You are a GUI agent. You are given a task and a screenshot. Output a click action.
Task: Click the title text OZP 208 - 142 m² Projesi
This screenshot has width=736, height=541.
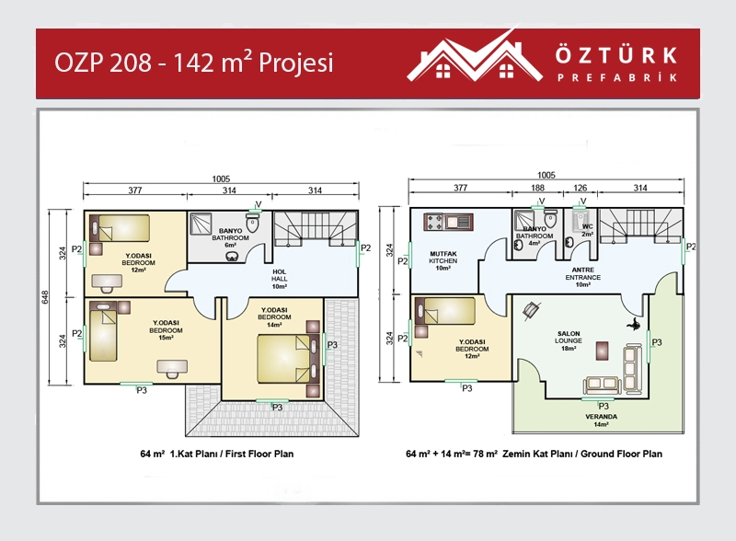pos(194,63)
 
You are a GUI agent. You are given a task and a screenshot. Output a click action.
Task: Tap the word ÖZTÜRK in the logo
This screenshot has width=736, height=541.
pos(616,55)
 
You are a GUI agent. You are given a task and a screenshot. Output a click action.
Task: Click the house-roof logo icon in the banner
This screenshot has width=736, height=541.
pos(474,57)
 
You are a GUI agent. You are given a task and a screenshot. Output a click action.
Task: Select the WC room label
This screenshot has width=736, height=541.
pos(587,230)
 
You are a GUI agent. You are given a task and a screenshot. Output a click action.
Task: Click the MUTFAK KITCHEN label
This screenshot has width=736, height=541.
pos(443,260)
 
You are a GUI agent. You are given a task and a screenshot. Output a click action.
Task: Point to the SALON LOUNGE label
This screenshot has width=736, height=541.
pos(569,341)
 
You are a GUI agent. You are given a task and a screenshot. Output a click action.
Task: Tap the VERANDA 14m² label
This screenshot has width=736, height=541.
pos(602,420)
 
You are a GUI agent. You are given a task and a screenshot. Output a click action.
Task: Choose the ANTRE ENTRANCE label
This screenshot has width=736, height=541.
pos(583,277)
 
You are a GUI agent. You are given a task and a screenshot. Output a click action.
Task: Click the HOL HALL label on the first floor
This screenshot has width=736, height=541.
pos(280,279)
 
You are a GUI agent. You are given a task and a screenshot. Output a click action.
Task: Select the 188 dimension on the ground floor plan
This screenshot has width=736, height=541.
pos(537,188)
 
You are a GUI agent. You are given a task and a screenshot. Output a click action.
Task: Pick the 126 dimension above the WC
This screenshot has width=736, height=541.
pos(581,188)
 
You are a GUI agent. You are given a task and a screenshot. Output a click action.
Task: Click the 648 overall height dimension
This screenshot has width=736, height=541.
pos(45,297)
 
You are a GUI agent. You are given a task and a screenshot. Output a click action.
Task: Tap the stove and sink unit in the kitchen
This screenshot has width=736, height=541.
pos(448,222)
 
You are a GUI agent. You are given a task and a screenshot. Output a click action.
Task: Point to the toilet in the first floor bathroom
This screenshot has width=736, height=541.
pos(253,223)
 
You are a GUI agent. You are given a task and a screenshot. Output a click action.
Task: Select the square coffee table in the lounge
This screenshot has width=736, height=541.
pos(603,351)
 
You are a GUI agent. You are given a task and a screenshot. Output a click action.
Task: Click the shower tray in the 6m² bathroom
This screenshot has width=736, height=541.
pos(201,224)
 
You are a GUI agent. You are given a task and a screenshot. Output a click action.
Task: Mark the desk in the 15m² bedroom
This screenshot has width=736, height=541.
pos(172,368)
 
